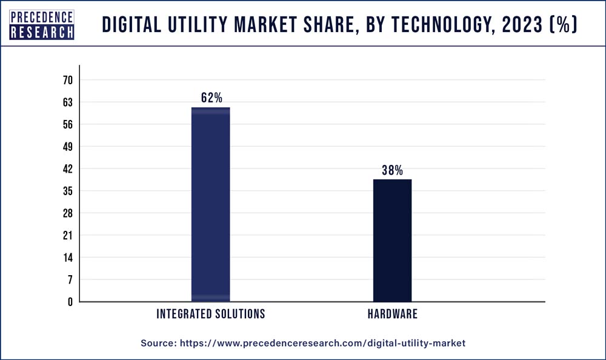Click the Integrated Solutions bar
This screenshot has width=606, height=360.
click(210, 204)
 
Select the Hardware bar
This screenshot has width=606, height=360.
click(392, 240)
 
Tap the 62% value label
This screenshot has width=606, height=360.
click(211, 98)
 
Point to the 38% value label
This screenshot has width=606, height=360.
click(392, 170)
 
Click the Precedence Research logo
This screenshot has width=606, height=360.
click(42, 24)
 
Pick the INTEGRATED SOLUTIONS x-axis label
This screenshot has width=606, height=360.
click(211, 314)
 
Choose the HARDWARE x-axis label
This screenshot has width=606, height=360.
click(392, 314)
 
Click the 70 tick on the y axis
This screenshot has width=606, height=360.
click(67, 81)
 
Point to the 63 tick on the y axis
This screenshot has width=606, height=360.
click(67, 102)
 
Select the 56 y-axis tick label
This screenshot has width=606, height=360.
click(67, 125)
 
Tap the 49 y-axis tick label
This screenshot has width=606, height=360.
click(67, 147)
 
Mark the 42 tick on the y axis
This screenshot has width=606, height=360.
click(67, 169)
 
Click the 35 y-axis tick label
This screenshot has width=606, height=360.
click(67, 191)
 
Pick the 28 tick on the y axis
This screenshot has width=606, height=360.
click(67, 213)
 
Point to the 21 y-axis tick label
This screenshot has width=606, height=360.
click(67, 235)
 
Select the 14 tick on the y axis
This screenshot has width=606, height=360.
click(67, 258)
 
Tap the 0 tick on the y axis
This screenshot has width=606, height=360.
click(70, 302)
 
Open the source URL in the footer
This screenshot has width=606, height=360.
click(322, 343)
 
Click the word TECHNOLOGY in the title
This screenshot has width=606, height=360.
click(413, 25)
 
